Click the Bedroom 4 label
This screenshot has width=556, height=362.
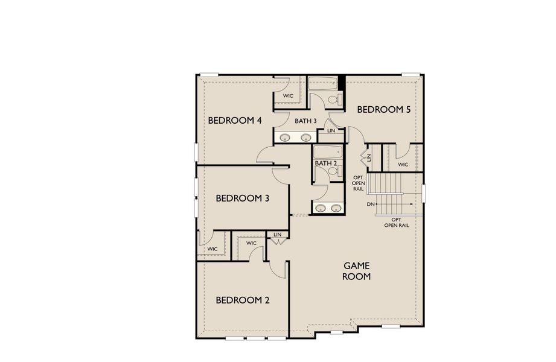coord(235,120)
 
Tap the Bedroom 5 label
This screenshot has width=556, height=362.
coord(384,109)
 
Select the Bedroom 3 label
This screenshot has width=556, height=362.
coord(242,198)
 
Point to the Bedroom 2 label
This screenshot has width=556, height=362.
coord(242,300)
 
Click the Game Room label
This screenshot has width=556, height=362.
coord(356,271)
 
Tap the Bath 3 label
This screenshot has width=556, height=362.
coord(305,121)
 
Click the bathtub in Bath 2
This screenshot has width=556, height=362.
coord(328,151)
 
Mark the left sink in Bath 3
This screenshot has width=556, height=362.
coord(286,138)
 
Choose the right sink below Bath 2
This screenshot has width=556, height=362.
coord(336,209)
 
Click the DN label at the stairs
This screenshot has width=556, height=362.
coord(371,205)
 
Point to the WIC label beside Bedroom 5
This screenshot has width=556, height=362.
coord(403,164)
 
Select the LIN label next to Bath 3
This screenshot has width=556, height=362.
coord(331,130)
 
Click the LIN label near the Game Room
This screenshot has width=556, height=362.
coord(277,235)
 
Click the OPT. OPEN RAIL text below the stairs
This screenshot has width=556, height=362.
coord(397,222)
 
